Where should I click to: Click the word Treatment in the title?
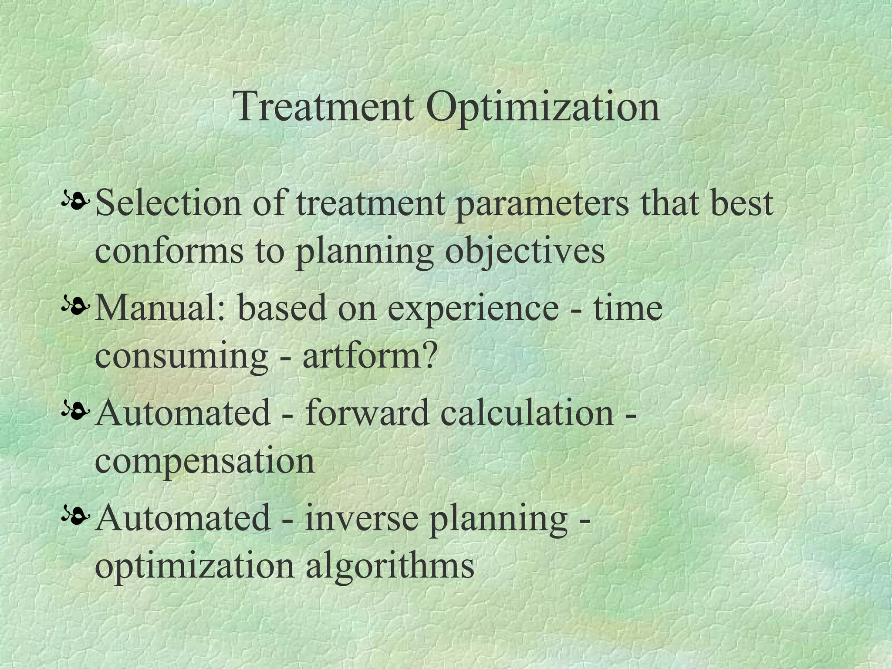pos(324,107)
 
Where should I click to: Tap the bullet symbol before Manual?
pos(76,307)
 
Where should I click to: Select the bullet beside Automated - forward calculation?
pos(76,412)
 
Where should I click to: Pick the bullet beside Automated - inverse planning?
pos(76,517)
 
